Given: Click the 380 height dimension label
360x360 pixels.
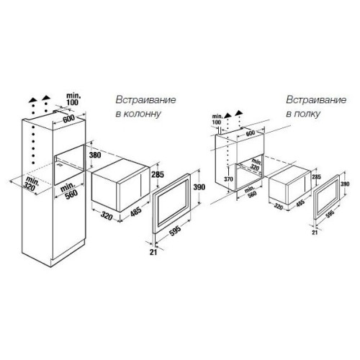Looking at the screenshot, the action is (x=95, y=155).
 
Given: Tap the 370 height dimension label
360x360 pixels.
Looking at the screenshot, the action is (x=228, y=179).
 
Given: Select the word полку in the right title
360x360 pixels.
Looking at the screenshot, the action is (x=307, y=114).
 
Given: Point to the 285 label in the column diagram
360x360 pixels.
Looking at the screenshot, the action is (x=158, y=174).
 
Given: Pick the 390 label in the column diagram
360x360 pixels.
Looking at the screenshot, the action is (x=199, y=187).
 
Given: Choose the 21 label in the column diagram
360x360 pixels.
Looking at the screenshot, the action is (x=153, y=252).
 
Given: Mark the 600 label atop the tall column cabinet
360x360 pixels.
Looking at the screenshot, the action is (x=68, y=120).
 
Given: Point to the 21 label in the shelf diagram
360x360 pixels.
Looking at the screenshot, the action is (x=315, y=233).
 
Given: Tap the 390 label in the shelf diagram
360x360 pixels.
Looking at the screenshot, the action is (x=345, y=184).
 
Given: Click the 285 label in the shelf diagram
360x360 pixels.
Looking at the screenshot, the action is (x=316, y=177).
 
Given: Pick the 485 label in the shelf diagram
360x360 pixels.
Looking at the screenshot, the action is (x=300, y=203).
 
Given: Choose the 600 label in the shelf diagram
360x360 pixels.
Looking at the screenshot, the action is (x=251, y=133).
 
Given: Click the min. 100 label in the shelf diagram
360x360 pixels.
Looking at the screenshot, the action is (x=217, y=120).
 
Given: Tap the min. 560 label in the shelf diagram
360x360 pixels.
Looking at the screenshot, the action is (x=250, y=193).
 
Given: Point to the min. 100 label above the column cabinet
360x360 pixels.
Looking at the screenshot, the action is (x=73, y=99).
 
